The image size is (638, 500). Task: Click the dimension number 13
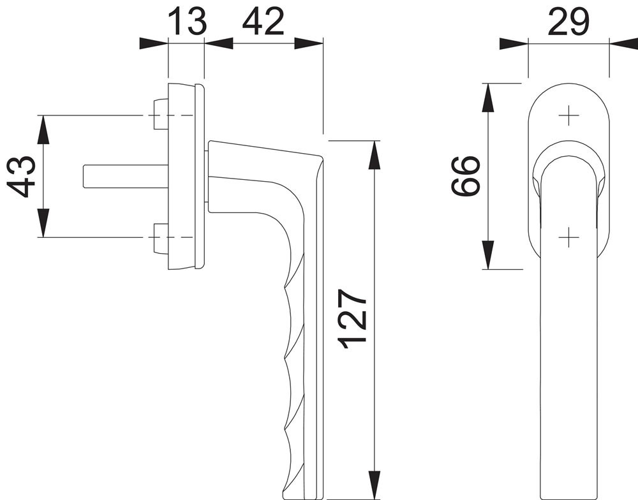187,21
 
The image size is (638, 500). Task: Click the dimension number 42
262,22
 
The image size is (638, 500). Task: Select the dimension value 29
568,22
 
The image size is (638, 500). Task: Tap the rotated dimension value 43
21,176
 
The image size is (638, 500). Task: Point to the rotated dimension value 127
353,320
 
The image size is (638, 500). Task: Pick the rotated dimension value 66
466,176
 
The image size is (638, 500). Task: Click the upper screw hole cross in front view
568,115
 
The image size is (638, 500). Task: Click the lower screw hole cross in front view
568,237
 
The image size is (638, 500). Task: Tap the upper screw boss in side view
161,114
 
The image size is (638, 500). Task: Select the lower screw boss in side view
161,239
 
